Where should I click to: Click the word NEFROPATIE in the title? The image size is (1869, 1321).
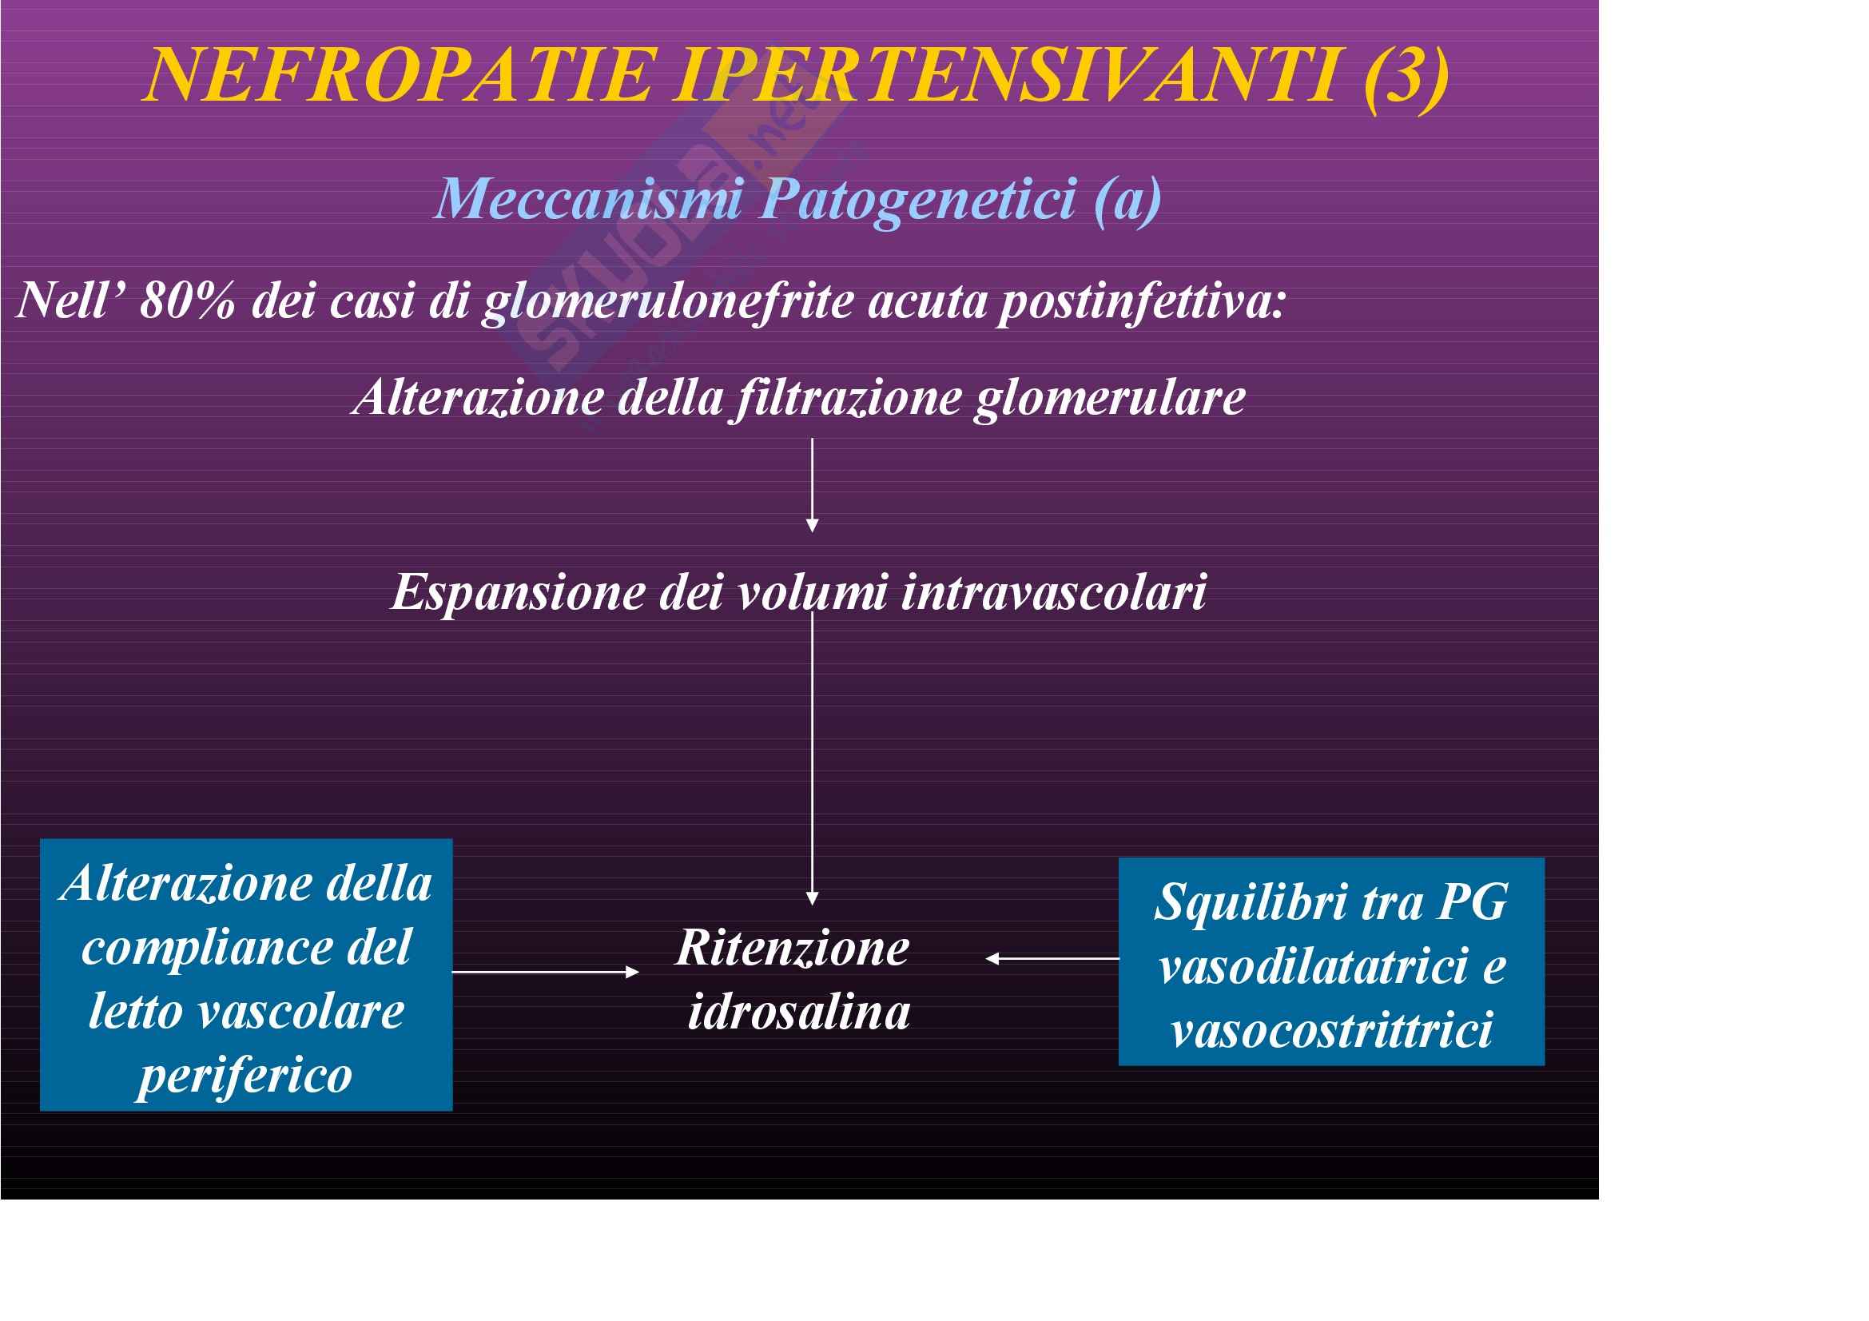400,75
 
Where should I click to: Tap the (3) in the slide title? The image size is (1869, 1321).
1406,78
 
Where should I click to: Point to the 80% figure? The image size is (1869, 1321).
188,300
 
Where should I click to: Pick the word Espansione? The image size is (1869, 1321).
519,592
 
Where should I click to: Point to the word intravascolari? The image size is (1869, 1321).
1054,591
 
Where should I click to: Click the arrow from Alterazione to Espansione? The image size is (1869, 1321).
812,485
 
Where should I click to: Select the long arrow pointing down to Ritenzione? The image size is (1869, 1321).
812,758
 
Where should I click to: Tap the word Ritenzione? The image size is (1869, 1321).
792,949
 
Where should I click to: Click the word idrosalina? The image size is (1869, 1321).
798,1013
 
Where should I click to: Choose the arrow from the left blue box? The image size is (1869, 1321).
546,972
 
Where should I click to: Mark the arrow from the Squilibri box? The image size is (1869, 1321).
1052,959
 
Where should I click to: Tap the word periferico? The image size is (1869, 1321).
245,1076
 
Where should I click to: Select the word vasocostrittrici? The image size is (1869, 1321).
1332,1029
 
